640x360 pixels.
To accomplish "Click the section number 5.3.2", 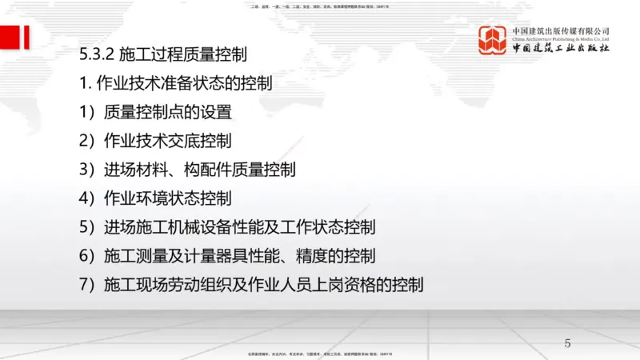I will [x=97, y=55].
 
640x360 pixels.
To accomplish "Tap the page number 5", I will [x=568, y=344].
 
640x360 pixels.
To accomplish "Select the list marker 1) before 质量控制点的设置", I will [x=87, y=113].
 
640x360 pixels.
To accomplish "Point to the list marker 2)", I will [x=87, y=142].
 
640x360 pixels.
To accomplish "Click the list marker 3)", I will [x=87, y=170].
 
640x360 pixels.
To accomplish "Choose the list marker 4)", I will [x=87, y=198].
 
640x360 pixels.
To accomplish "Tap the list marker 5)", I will [x=87, y=226].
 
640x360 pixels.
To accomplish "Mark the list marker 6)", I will [x=87, y=255].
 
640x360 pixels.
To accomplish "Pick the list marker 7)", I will [x=87, y=284].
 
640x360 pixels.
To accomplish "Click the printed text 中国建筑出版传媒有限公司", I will [x=562, y=30].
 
